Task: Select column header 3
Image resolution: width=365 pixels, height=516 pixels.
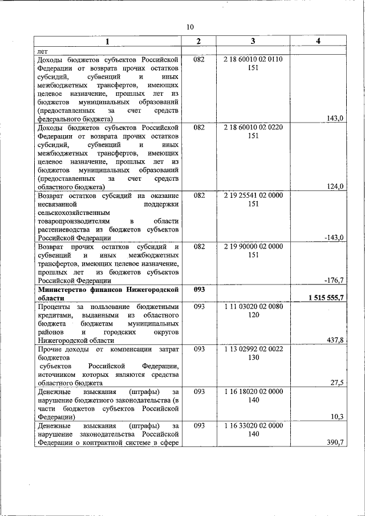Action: pos(253,42)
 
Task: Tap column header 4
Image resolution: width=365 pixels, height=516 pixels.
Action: pos(318,42)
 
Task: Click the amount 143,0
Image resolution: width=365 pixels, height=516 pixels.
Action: pos(334,119)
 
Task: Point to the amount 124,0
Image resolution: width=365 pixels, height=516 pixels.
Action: pos(334,186)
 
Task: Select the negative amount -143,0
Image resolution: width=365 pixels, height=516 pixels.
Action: pos(332,238)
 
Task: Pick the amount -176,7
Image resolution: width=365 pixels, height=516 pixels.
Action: pos(332,281)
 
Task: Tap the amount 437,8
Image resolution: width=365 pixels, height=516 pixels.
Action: pos(334,340)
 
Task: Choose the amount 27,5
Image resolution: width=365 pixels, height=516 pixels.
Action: pos(336,383)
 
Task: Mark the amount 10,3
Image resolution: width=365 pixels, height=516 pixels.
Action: pos(336,417)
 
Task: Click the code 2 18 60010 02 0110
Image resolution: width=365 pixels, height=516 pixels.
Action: pos(253,59)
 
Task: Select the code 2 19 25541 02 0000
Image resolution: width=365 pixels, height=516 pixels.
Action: pos(253,196)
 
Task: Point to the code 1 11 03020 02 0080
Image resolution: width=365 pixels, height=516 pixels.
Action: pos(253,307)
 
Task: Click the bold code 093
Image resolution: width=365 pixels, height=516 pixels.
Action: pos(198,290)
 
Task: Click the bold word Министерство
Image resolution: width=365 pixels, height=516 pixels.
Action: pos(62,290)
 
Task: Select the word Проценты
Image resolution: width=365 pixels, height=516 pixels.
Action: pos(54,307)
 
